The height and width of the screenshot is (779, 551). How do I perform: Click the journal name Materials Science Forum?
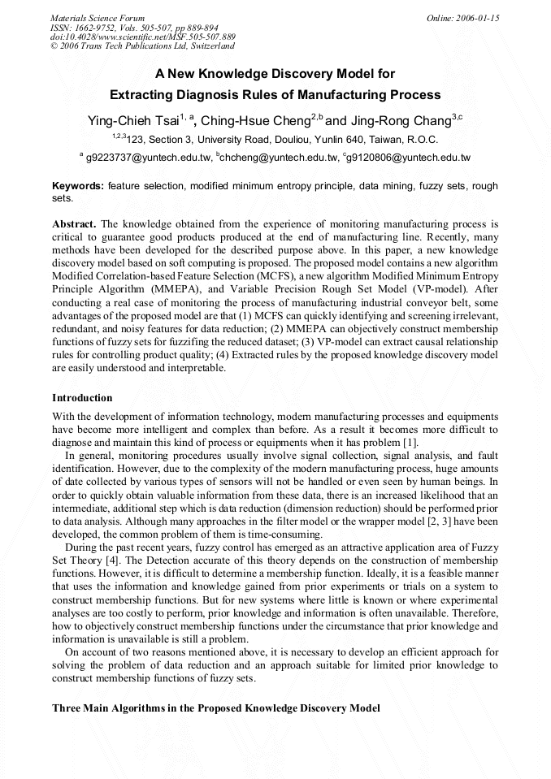pos(98,17)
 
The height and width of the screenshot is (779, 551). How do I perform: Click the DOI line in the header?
pos(143,37)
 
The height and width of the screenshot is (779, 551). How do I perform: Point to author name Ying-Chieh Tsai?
pos(132,121)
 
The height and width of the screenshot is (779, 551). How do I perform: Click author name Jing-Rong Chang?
pos(401,121)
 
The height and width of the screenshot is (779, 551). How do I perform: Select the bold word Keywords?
pos(78,186)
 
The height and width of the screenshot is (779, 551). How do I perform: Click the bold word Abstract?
pos(74,223)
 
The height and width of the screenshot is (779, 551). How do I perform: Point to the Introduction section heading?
pos(82,398)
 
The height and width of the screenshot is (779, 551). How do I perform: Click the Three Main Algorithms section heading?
pos(215,708)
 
